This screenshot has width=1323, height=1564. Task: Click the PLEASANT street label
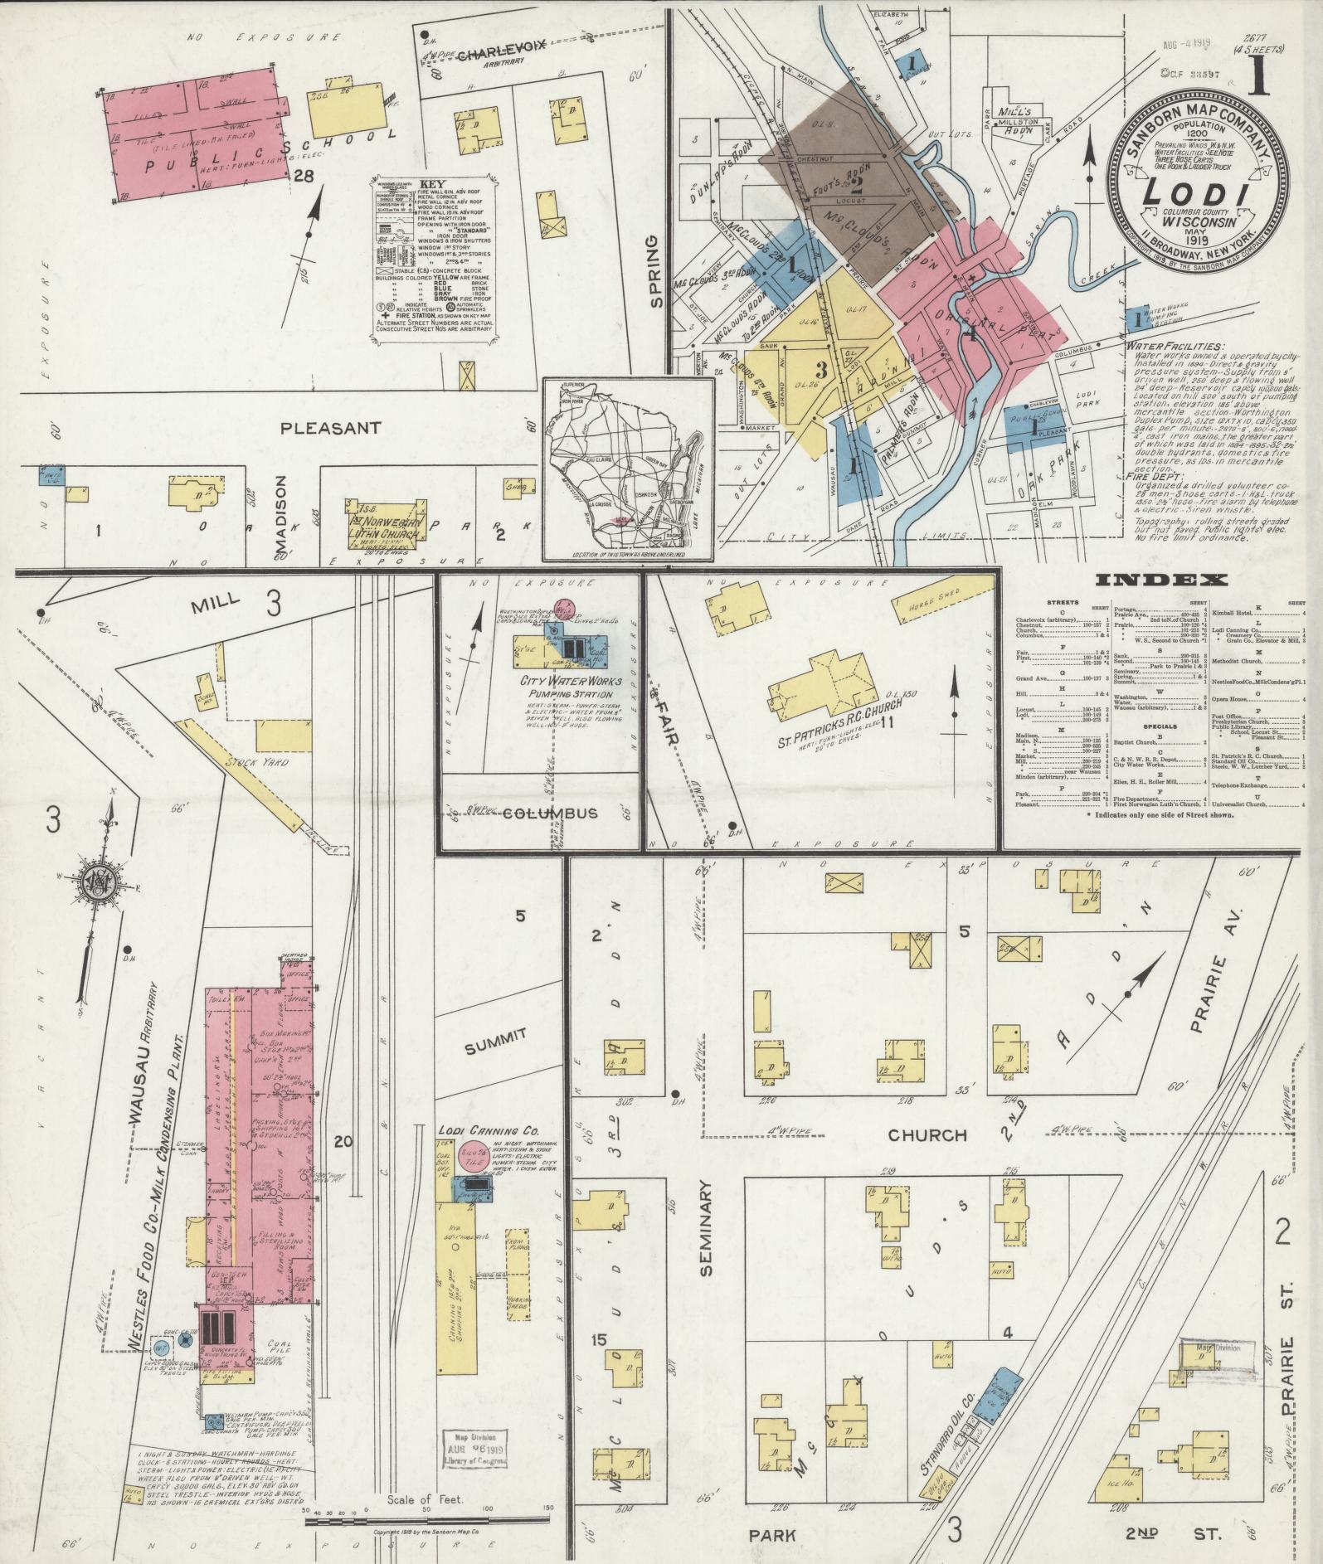point(330,429)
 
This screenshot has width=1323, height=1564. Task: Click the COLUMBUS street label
point(550,813)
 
